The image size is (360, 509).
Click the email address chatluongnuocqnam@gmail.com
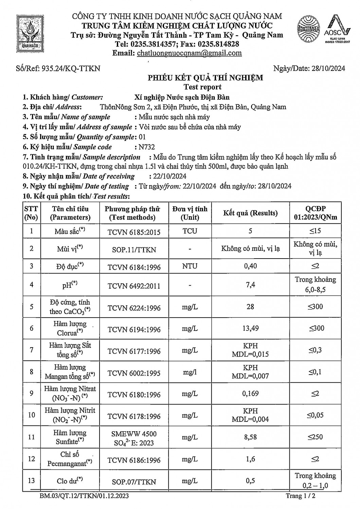(189, 53)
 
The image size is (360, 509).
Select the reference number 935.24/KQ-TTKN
(71, 69)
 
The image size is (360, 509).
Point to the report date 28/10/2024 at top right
(328, 69)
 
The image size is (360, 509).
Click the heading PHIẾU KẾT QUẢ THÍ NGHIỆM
(205, 78)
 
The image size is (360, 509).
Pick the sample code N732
(146, 147)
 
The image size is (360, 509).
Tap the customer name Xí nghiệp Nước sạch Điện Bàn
(182, 97)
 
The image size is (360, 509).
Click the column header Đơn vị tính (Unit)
(190, 213)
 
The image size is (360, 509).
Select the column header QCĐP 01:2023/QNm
(316, 213)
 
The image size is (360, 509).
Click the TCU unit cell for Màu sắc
(190, 231)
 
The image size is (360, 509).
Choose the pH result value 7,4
(250, 285)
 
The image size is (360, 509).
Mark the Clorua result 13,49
(250, 328)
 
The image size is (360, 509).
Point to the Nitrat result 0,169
(250, 394)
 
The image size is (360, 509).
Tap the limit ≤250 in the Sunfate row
(316, 437)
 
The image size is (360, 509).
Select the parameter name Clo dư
(70, 481)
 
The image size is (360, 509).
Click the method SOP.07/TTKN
(134, 482)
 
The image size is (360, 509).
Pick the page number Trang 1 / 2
(301, 496)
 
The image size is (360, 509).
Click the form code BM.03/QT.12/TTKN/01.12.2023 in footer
(84, 496)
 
